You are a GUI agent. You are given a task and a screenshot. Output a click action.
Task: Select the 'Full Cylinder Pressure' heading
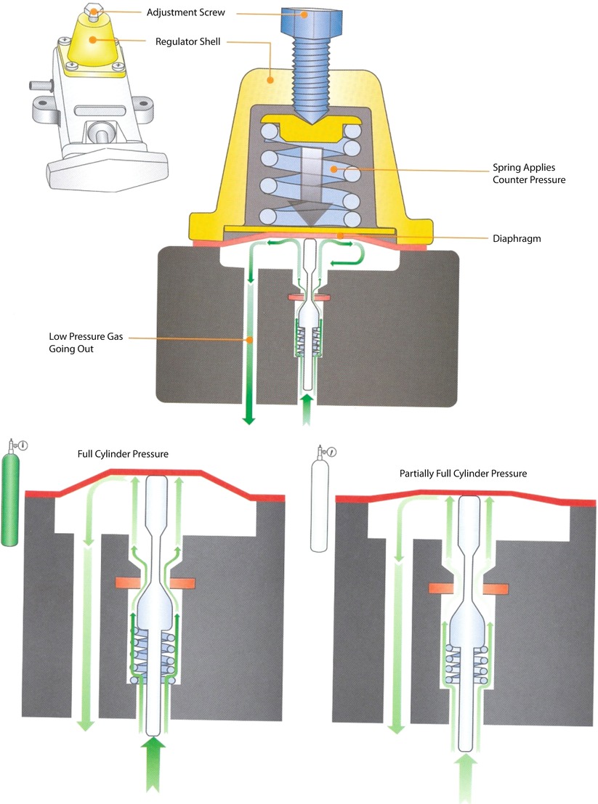(x=123, y=454)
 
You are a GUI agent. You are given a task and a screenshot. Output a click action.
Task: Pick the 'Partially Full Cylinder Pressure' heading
(x=463, y=473)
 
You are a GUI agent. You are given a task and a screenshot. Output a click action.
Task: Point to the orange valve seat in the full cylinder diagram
(x=156, y=583)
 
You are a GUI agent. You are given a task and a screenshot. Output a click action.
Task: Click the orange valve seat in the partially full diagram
(x=466, y=587)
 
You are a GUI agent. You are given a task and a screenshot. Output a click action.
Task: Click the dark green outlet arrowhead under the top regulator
(x=249, y=415)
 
